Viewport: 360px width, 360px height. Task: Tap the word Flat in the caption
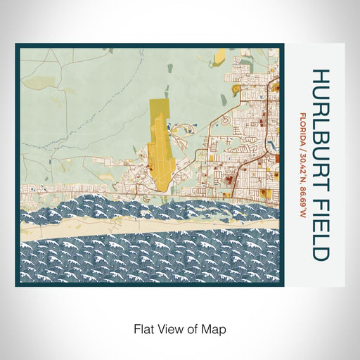point(143,328)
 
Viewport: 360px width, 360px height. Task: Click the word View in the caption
point(169,328)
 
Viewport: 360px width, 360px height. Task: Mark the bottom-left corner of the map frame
point(17,285)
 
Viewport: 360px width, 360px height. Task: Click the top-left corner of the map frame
point(17,46)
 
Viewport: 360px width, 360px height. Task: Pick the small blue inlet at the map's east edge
point(269,146)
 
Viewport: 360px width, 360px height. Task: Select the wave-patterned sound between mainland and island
point(105,207)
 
